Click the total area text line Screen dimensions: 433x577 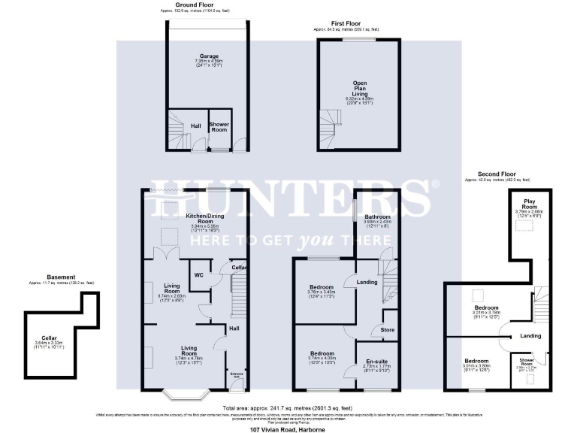[288, 407]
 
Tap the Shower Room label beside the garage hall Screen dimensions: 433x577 [219, 126]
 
